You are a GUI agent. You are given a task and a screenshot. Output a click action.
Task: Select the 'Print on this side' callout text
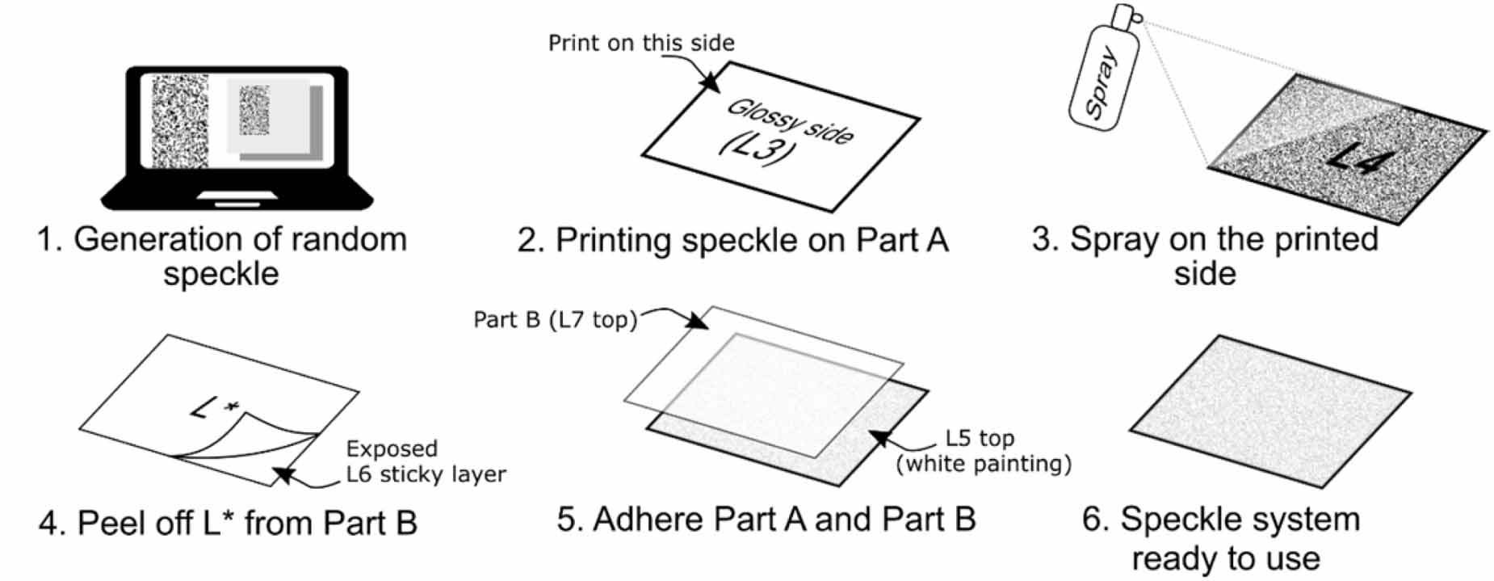click(640, 43)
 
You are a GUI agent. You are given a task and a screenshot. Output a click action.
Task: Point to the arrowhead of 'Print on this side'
click(710, 81)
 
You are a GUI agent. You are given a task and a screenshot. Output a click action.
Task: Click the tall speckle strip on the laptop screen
click(179, 121)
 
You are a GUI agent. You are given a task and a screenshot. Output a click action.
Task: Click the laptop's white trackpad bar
click(237, 196)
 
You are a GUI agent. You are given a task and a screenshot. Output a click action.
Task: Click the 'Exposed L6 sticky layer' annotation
click(425, 461)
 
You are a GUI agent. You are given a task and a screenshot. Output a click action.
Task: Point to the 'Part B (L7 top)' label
click(555, 320)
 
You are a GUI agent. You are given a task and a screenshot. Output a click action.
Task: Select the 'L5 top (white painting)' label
click(983, 451)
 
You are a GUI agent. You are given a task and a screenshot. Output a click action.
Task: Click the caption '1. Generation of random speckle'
click(221, 256)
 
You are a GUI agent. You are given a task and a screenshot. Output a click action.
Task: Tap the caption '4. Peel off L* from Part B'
click(228, 524)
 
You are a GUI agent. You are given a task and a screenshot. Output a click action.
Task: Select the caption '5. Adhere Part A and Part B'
click(766, 519)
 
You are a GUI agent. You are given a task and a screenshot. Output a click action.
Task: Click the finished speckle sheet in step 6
click(1270, 410)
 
